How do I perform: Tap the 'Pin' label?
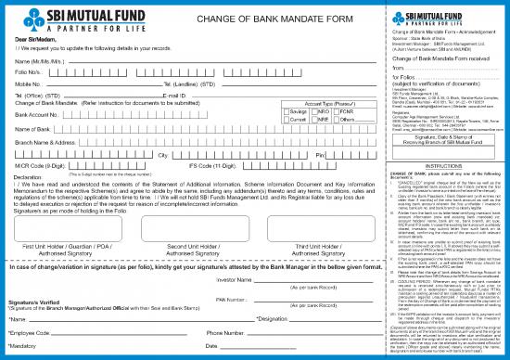point(294,154)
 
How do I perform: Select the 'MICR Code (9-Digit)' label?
point(39,165)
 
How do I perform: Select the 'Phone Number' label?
point(226,331)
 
